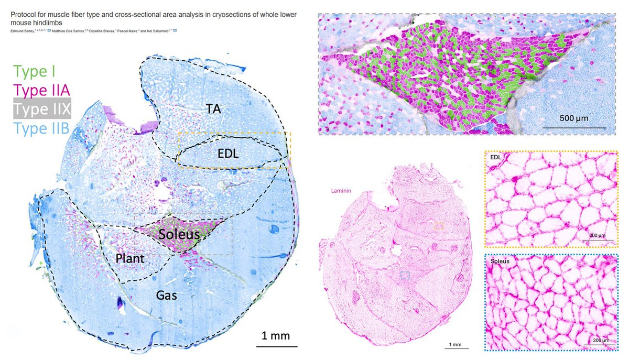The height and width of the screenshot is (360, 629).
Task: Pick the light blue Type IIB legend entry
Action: [41, 127]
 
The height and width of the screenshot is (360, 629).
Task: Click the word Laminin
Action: [340, 192]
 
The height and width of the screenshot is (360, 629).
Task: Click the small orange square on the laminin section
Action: [439, 226]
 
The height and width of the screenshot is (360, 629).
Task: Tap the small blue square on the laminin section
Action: [404, 275]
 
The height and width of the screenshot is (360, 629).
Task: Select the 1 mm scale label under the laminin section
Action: [454, 344]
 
